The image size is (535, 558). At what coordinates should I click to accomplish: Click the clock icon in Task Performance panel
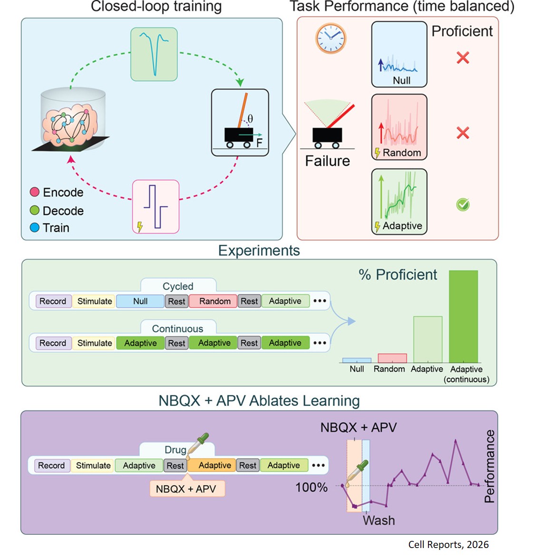point(331,38)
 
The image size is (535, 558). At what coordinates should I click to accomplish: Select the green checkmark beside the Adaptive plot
point(463,204)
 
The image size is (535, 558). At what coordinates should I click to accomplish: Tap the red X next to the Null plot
point(463,58)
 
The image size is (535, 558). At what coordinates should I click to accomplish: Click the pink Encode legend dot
point(35,192)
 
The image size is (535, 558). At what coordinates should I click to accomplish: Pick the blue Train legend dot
point(35,228)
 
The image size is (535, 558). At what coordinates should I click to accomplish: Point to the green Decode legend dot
point(35,210)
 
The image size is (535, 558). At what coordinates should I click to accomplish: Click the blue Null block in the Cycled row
point(140,301)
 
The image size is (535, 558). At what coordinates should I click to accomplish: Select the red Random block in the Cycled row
point(214,301)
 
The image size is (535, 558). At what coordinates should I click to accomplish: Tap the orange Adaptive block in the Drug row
point(214,465)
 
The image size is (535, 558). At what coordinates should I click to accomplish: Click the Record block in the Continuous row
point(52,343)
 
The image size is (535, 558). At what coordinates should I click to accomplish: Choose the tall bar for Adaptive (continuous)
point(463,316)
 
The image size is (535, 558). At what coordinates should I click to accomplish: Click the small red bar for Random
point(392,358)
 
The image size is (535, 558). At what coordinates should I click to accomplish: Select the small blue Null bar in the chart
point(357,360)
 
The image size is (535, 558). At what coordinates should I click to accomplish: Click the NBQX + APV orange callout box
point(186,489)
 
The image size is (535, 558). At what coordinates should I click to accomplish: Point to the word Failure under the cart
point(327,161)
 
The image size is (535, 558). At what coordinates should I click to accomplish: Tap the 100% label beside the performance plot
point(311,488)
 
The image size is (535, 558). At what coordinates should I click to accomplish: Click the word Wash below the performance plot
point(379,520)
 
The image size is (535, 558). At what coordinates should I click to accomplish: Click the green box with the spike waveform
point(154,54)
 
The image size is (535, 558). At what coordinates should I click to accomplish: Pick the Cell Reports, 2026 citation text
point(448,545)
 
